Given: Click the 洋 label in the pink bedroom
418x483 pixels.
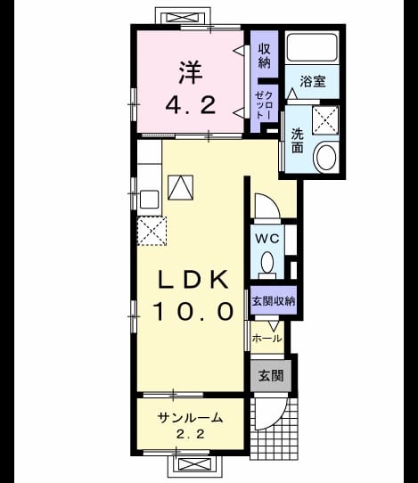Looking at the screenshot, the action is click(x=191, y=73).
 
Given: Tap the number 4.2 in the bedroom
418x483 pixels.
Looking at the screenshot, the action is click(x=191, y=105).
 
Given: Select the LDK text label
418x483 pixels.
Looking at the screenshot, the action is click(x=193, y=280).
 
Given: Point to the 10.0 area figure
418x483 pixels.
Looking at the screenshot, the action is click(x=193, y=311).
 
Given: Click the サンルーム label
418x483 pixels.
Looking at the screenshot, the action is click(x=190, y=418).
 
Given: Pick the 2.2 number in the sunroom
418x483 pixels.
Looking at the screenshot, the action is click(x=191, y=434).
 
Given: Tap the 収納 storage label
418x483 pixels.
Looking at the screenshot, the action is click(x=265, y=55).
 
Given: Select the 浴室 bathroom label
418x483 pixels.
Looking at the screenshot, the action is click(x=313, y=81).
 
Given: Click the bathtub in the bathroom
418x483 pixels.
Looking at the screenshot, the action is click(x=312, y=47).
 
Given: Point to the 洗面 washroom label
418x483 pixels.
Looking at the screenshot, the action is click(x=298, y=141).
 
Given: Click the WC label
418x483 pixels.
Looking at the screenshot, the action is click(x=267, y=238).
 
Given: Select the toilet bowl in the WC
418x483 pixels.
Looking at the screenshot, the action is click(x=267, y=263).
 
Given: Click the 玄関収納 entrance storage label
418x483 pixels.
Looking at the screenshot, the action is click(x=274, y=300).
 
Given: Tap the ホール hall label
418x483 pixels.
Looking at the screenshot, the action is click(x=266, y=339).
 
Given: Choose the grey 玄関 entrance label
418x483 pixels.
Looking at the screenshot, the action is click(x=271, y=375).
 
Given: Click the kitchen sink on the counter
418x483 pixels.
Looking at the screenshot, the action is click(x=150, y=199).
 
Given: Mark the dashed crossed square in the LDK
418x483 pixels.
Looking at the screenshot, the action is click(x=152, y=231).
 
